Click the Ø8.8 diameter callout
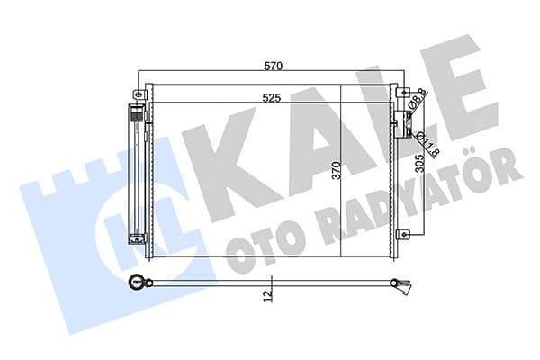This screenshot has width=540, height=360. [x=418, y=100]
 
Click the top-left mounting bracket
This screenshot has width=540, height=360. [x=139, y=94]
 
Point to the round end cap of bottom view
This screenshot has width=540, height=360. [x=137, y=282]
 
